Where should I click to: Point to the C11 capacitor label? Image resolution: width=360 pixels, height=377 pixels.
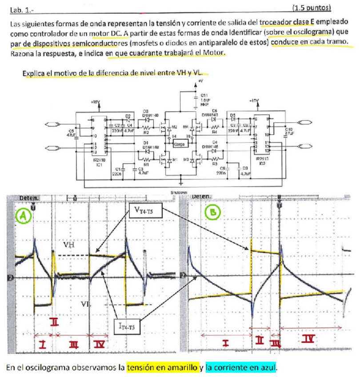(x=204, y=96)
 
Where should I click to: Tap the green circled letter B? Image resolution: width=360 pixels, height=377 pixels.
(x=213, y=213)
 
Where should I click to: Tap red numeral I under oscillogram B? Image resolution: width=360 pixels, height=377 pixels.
(x=225, y=343)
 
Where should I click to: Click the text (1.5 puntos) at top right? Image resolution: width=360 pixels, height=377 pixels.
(x=312, y=8)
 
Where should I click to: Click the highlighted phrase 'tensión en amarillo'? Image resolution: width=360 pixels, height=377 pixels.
(x=162, y=367)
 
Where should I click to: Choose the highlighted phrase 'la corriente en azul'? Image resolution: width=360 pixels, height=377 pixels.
(x=240, y=367)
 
